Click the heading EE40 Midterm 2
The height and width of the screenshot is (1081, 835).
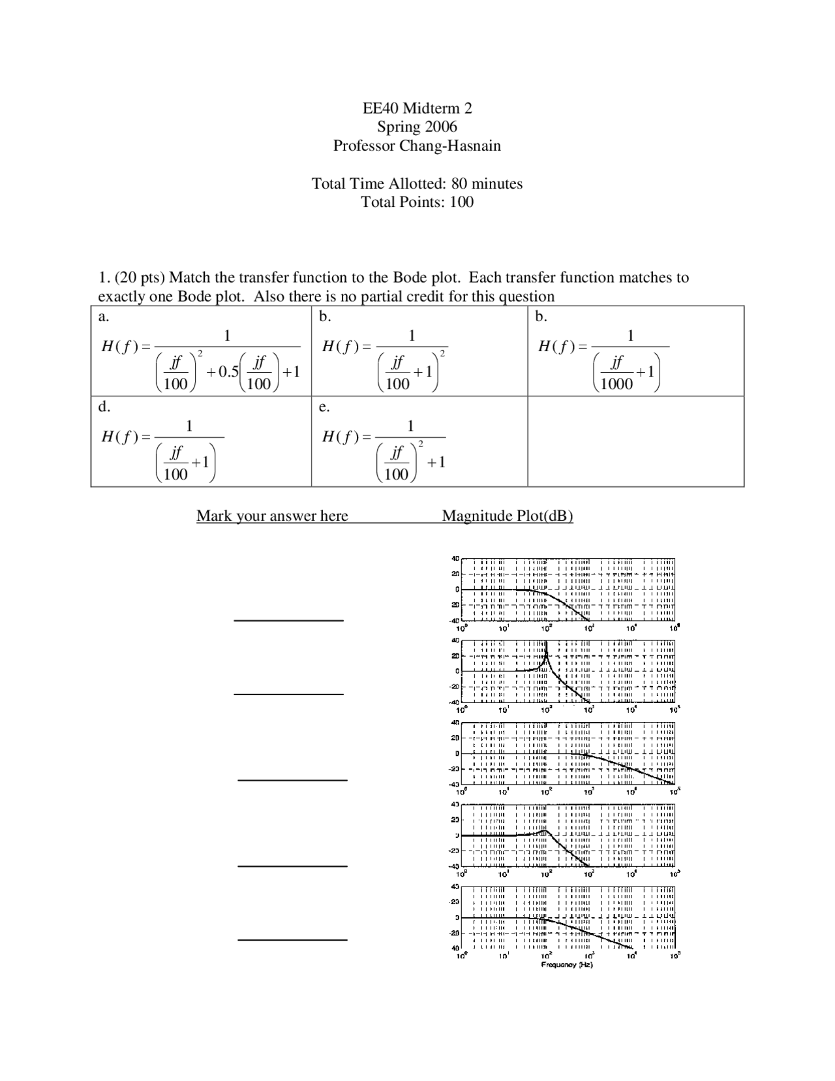pyautogui.click(x=417, y=108)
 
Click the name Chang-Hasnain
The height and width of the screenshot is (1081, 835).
pyautogui.click(x=449, y=146)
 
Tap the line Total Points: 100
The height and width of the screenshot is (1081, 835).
pyautogui.click(x=417, y=202)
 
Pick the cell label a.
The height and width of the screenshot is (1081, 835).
pyautogui.click(x=102, y=317)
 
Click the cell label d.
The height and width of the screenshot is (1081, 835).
pyautogui.click(x=104, y=407)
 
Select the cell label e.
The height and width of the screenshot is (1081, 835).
pyautogui.click(x=324, y=407)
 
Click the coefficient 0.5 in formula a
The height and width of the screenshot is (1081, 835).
pyautogui.click(x=228, y=371)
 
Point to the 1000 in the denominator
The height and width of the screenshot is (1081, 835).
pyautogui.click(x=616, y=383)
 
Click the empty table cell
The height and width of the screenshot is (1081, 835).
pyautogui.click(x=635, y=441)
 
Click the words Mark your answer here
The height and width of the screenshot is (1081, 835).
pyautogui.click(x=272, y=516)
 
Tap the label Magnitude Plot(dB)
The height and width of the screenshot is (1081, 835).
pyautogui.click(x=508, y=516)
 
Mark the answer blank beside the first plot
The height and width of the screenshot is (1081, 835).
pyautogui.click(x=288, y=619)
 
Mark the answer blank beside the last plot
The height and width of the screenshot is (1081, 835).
pyautogui.click(x=292, y=939)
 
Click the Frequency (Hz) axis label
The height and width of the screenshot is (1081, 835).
pyautogui.click(x=567, y=965)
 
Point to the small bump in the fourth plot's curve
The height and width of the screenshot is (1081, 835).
pyautogui.click(x=543, y=832)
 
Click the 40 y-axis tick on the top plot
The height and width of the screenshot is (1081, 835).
pyautogui.click(x=455, y=559)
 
